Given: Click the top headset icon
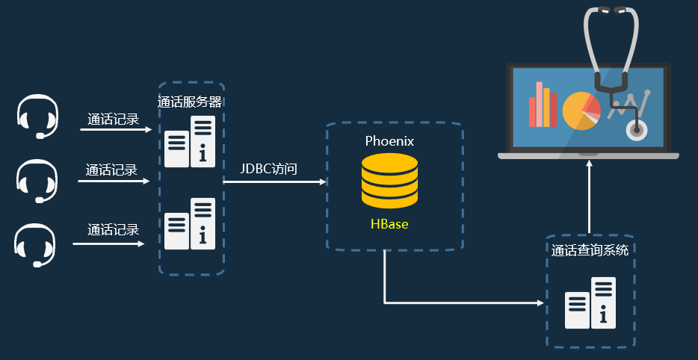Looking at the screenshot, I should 37,117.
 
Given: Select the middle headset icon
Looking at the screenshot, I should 37,181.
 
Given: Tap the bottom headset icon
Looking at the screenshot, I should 35,244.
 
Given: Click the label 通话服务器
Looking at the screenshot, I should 190,102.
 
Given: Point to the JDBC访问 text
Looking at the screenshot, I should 269,169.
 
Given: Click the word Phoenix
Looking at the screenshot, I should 389,140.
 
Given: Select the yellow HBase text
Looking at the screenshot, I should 389,224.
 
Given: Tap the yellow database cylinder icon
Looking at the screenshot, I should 389,181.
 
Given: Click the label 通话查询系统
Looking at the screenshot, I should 590,250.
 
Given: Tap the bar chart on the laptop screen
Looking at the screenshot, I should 543,105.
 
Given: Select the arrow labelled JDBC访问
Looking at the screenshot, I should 274,181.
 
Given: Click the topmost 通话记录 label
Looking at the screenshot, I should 113,119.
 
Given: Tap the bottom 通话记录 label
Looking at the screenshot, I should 113,230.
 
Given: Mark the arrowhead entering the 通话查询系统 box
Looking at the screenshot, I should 541,303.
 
